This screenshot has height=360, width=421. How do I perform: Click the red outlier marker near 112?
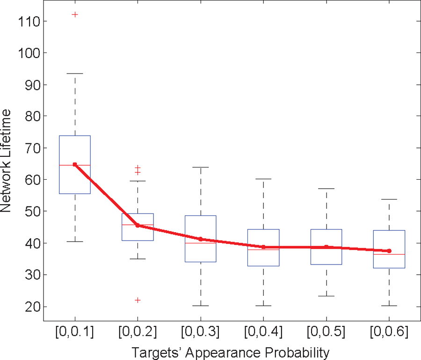tap(75, 15)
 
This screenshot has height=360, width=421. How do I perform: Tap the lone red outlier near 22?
tap(138, 300)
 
